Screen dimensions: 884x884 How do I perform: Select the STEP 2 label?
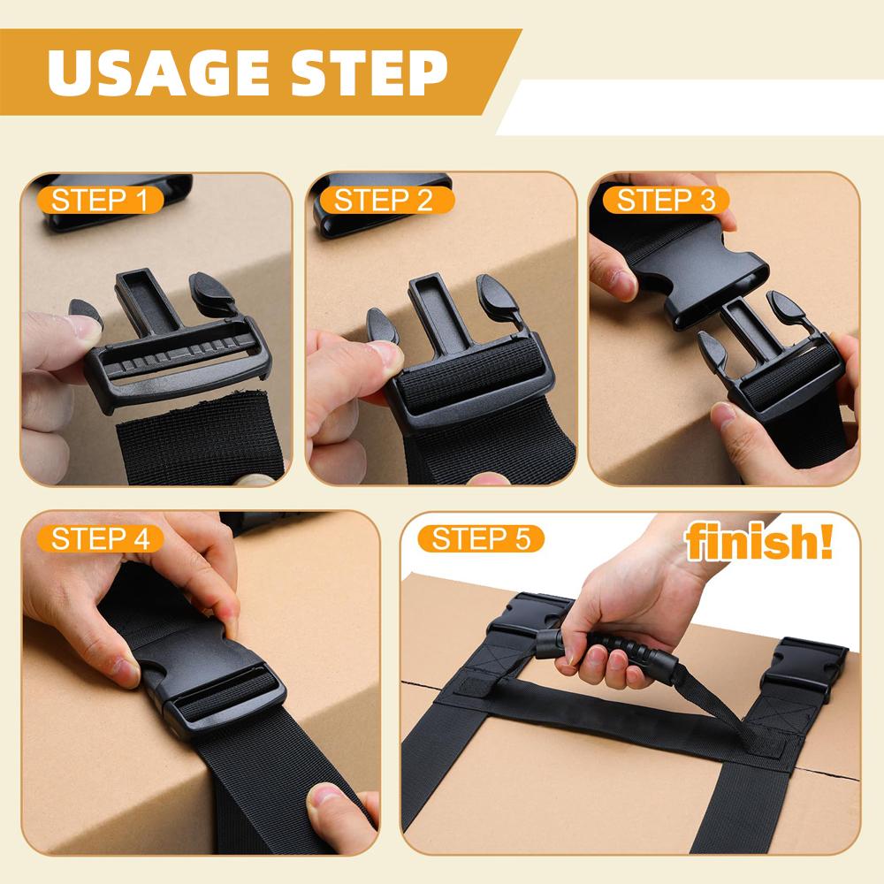pyautogui.click(x=383, y=200)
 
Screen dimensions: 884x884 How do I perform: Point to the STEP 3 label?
pyautogui.click(x=666, y=200)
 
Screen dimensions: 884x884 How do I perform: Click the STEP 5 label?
pyautogui.click(x=477, y=538)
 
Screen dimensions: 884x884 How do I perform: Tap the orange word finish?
pyautogui.click(x=759, y=542)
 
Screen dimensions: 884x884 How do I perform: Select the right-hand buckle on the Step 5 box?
pyautogui.click(x=800, y=672)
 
